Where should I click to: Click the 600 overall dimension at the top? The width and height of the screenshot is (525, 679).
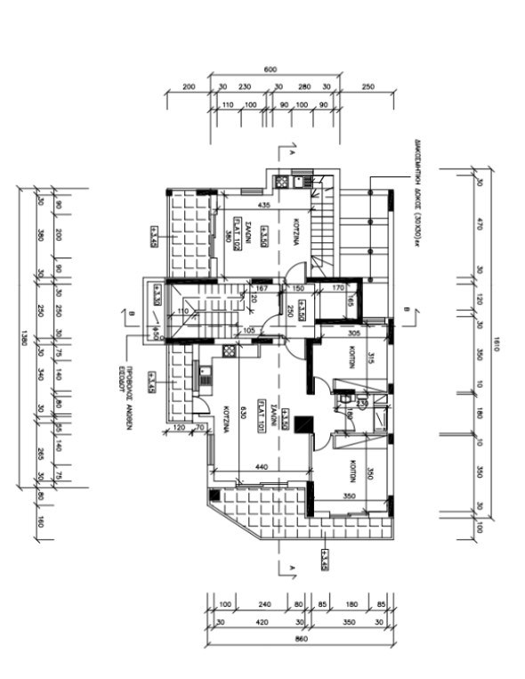tap(271, 70)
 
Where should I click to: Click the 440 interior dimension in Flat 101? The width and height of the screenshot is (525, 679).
tap(262, 467)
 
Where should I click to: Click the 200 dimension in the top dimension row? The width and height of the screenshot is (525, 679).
tap(189, 87)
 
